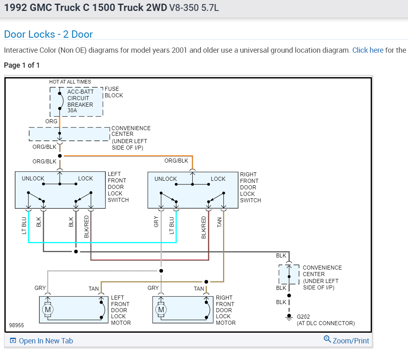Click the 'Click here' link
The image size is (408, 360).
(x=367, y=50)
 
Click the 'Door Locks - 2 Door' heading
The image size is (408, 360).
(x=48, y=34)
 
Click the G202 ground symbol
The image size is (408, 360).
(x=289, y=317)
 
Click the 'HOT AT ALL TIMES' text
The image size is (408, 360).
(x=70, y=82)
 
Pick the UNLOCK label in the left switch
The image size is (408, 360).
(x=33, y=178)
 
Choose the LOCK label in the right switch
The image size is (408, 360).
(x=218, y=179)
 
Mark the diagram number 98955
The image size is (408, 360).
(x=17, y=325)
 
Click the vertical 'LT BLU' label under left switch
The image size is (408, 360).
(x=24, y=226)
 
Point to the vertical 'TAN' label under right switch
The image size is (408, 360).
(x=219, y=222)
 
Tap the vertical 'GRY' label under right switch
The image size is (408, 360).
(x=156, y=222)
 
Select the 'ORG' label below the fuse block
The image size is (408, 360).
(x=51, y=121)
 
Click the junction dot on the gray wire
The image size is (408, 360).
(x=161, y=270)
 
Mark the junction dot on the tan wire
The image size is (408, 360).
(x=206, y=281)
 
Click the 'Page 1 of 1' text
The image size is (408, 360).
(x=21, y=65)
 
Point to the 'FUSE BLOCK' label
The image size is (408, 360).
(x=114, y=92)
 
